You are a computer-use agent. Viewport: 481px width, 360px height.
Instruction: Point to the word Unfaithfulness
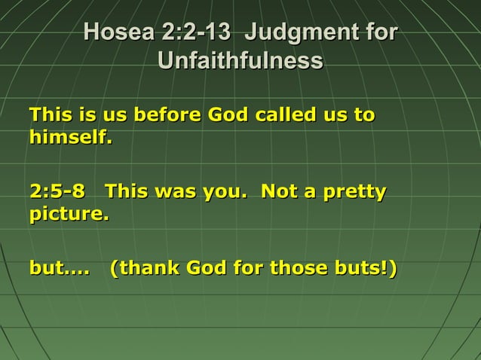tap(240, 61)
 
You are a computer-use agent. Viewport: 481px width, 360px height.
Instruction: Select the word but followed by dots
tap(59, 268)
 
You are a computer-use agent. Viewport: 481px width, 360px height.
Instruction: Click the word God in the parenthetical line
tap(204, 268)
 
